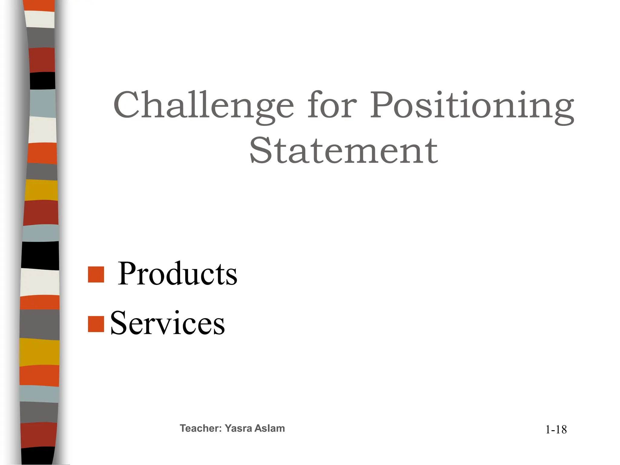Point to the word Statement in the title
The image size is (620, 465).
(x=344, y=150)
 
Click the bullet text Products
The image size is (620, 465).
(x=177, y=274)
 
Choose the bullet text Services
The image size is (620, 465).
(x=167, y=323)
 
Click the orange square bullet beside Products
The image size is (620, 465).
(x=96, y=274)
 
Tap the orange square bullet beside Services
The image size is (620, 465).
(x=96, y=324)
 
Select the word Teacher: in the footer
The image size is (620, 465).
(x=201, y=428)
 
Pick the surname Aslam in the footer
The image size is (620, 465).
(x=269, y=428)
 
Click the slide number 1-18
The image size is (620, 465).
(x=556, y=430)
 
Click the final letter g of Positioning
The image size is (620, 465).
(x=563, y=110)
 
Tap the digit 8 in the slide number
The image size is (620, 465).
(x=563, y=430)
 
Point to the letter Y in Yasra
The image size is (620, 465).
(x=229, y=428)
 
